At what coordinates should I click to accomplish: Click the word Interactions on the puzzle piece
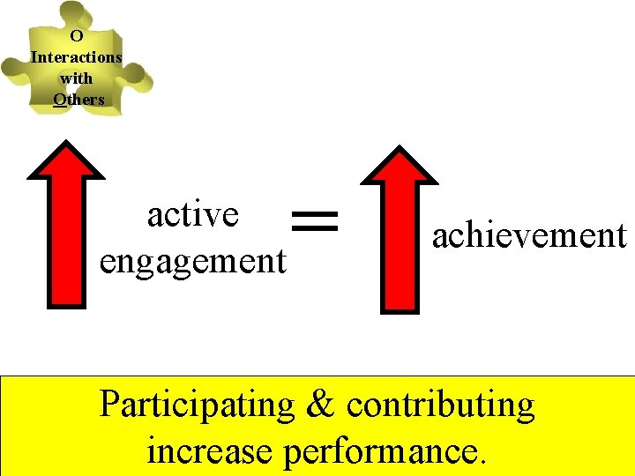pos(76,57)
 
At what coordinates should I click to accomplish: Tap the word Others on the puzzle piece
pos(78,100)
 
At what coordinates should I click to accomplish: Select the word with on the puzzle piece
pos(76,78)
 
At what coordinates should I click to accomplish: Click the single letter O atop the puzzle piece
pos(76,36)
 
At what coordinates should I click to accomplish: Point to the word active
pos(193,214)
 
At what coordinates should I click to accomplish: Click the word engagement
pos(193,261)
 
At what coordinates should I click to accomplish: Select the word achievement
pos(528,235)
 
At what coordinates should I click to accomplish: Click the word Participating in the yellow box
pos(197,405)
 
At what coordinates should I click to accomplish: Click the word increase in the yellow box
pos(210,451)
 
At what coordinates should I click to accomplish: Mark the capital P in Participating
pos(109,405)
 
